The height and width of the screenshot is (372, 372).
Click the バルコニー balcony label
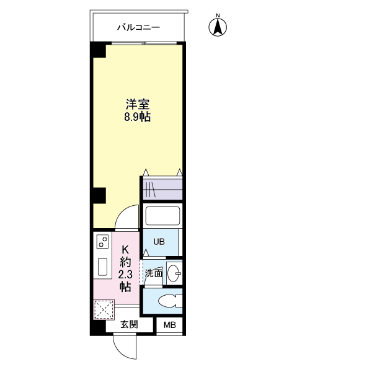(139, 27)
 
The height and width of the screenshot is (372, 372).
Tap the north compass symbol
(218, 26)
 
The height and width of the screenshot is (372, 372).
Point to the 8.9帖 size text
(138, 117)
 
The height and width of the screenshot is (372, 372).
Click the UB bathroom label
(159, 242)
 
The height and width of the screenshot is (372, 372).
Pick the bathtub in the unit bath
(162, 216)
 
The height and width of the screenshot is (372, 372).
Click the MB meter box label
(169, 325)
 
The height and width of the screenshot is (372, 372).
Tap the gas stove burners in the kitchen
(104, 242)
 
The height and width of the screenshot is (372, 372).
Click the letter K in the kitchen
(125, 249)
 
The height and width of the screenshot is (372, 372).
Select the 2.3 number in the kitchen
(125, 274)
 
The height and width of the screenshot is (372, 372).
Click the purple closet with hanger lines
(162, 188)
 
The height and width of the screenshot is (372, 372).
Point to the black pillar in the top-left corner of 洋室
(98, 50)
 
